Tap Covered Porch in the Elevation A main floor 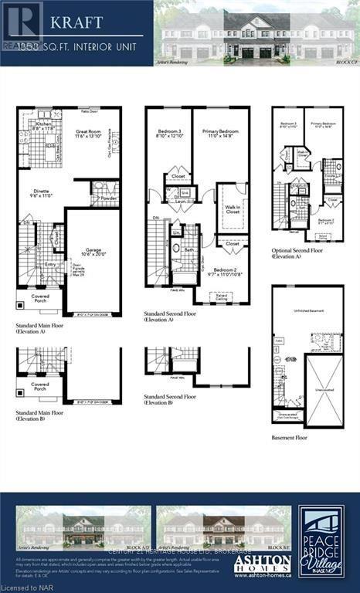[40, 296]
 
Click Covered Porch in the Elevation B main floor [39, 385]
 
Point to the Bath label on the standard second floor [188, 249]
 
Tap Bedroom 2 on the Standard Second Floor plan [229, 272]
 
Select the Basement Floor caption [289, 437]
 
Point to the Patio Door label [88, 112]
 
